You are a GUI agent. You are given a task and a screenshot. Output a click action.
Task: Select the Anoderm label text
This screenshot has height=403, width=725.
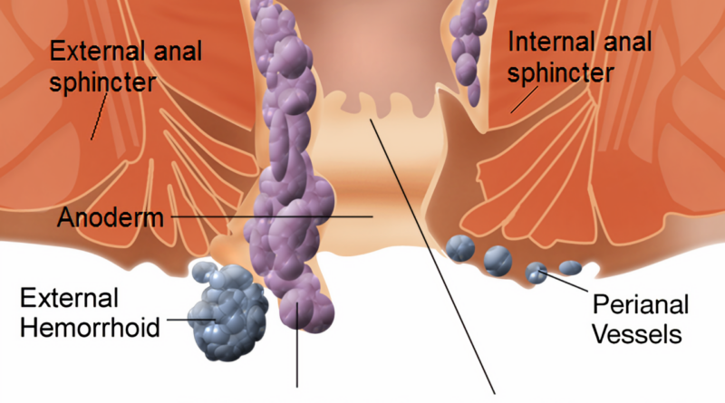[110, 216]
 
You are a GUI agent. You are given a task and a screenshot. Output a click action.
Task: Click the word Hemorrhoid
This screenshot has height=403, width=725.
[90, 328]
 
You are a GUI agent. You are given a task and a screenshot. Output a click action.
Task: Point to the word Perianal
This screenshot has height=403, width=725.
[641, 305]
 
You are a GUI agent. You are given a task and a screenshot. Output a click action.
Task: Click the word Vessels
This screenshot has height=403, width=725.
[637, 333]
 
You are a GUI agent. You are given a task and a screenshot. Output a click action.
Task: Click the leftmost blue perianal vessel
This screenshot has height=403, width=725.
[460, 249]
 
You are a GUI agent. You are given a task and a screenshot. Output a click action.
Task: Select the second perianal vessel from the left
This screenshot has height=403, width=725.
[498, 261]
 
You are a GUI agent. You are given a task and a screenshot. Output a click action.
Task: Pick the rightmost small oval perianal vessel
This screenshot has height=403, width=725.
[570, 267]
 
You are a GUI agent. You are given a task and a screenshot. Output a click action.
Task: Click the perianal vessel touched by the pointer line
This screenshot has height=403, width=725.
[536, 273]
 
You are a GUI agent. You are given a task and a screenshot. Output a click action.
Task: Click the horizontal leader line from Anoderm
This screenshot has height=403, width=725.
[272, 216]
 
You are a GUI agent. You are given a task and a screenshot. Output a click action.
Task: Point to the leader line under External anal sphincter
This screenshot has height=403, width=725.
[99, 116]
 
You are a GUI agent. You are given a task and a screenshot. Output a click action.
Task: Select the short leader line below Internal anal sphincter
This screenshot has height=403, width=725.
[525, 100]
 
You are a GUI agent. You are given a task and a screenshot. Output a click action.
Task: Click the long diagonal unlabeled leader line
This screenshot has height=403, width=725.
[433, 256]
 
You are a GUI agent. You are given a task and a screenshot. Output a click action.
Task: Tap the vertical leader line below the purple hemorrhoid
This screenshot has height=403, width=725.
[297, 344]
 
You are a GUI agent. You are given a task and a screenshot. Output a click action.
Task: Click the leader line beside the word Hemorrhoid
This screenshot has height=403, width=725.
[191, 320]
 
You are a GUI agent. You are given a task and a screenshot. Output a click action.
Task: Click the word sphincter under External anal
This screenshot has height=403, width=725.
[102, 83]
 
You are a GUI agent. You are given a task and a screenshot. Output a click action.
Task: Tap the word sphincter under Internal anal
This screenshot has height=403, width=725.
[561, 74]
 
